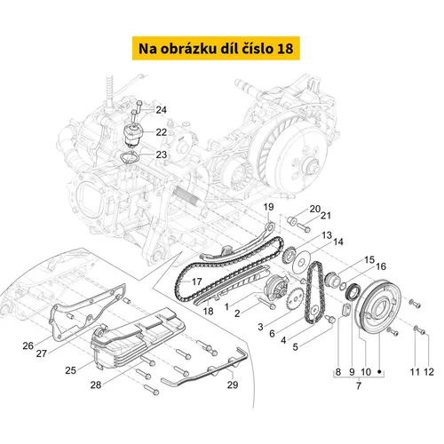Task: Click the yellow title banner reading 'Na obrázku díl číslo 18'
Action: point(216,48)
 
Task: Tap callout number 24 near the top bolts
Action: point(162,110)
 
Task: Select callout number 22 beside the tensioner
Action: point(162,132)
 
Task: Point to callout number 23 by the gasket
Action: point(162,155)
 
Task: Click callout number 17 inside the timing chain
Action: point(196,281)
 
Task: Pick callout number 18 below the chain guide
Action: point(208,311)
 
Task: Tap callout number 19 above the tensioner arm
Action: point(268,207)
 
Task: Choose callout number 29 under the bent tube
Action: point(233,385)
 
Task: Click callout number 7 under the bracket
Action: point(359,386)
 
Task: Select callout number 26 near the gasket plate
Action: point(28,345)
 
